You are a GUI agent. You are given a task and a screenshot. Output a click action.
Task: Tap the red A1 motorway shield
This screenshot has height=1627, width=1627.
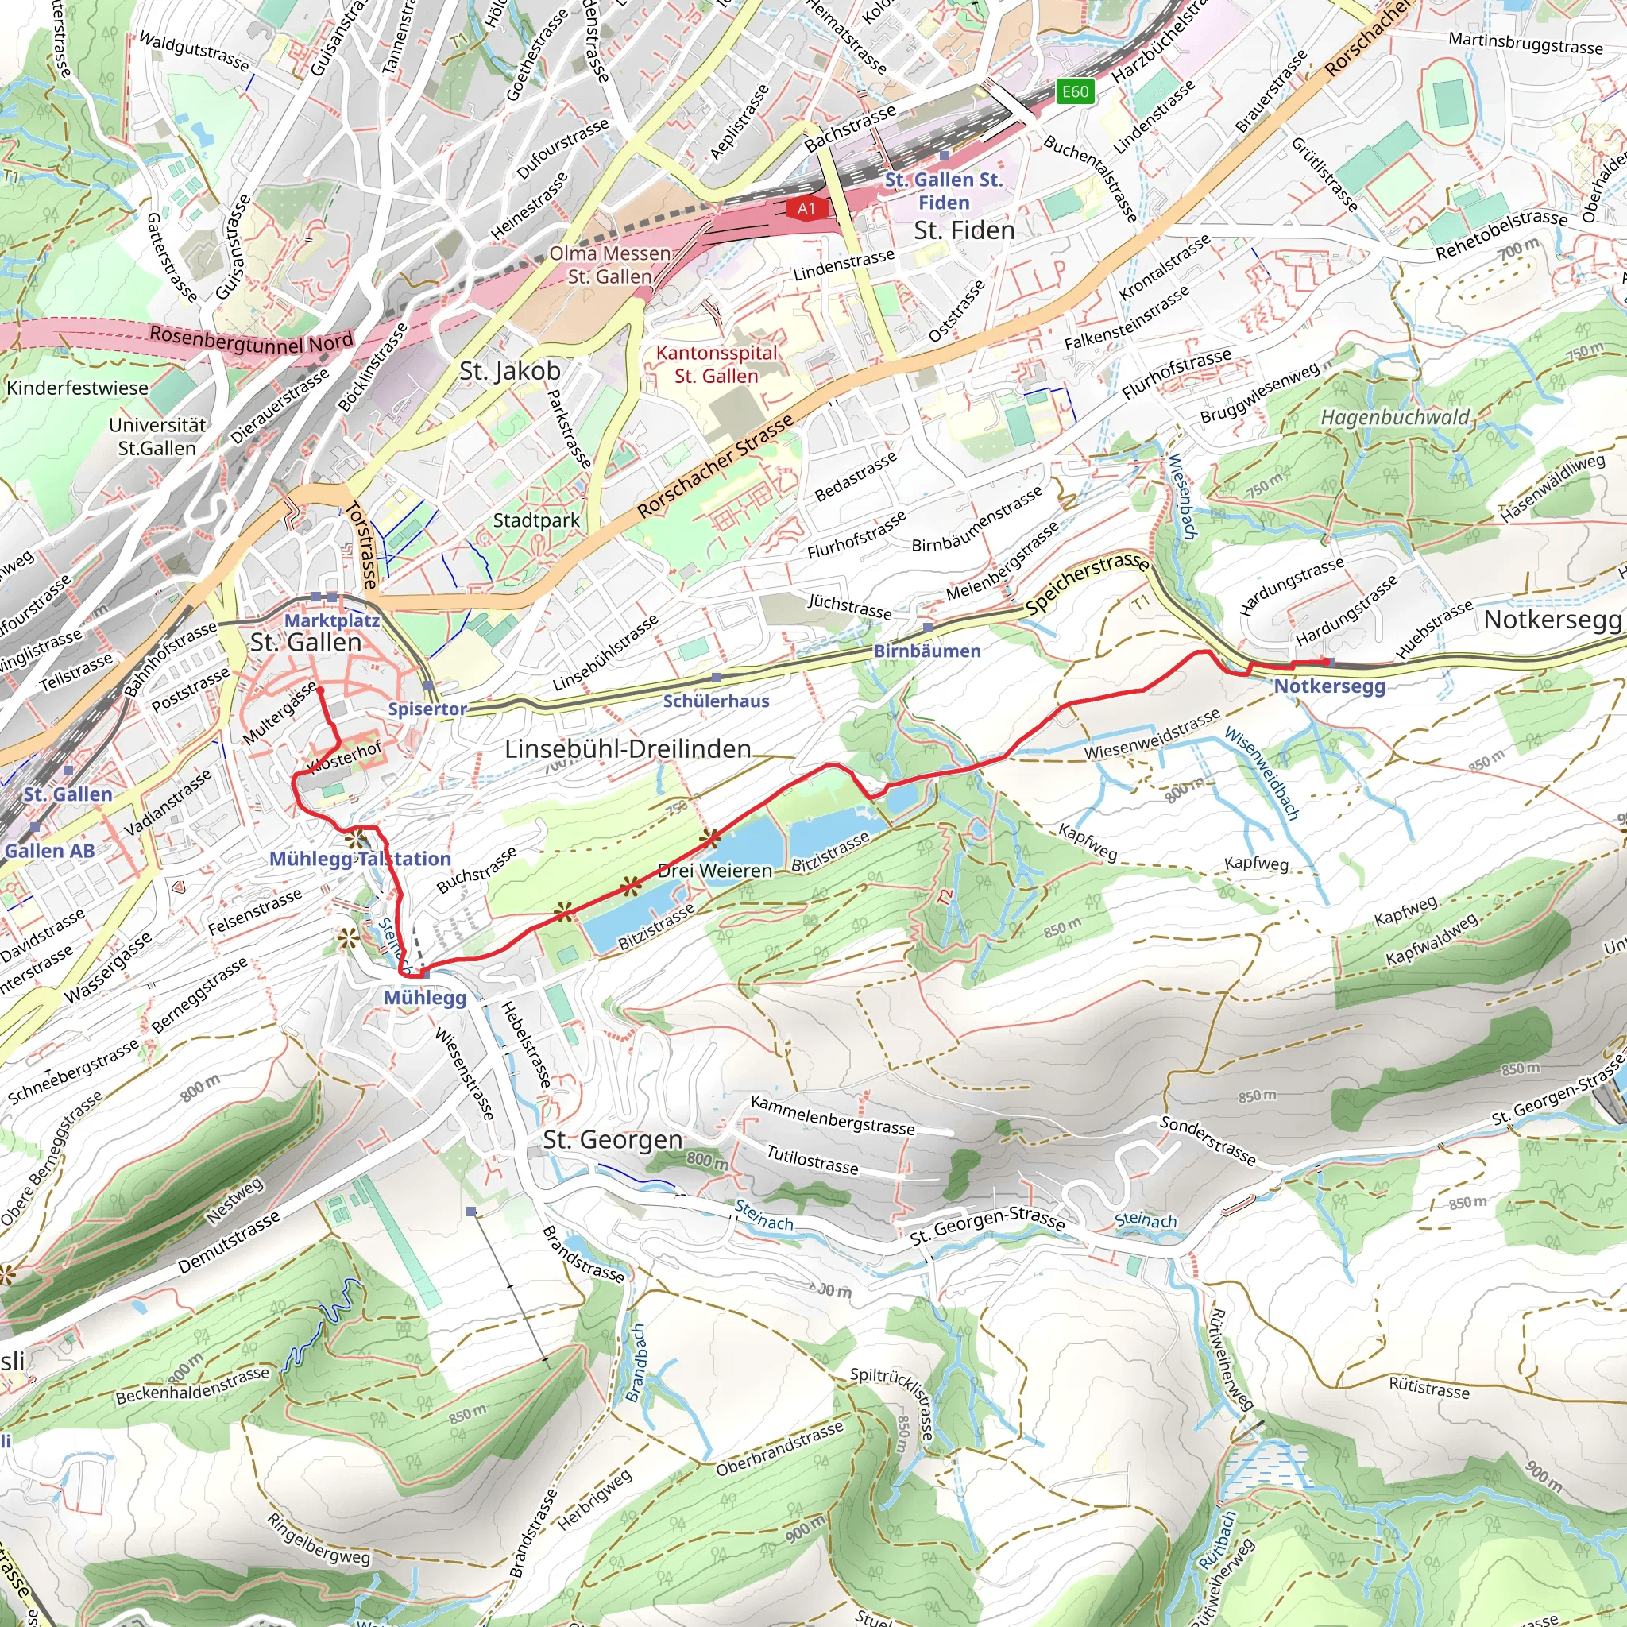(x=806, y=208)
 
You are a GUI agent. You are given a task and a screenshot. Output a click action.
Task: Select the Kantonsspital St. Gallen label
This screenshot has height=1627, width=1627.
(x=717, y=365)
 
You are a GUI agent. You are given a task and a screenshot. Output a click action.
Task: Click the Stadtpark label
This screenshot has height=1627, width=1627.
(x=536, y=520)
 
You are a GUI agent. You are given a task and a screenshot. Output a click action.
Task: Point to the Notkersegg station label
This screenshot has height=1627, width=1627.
(x=1329, y=686)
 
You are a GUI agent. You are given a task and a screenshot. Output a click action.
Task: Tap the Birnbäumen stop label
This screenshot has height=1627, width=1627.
(x=926, y=651)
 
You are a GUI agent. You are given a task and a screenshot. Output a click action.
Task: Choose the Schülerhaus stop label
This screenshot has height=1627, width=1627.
(x=716, y=701)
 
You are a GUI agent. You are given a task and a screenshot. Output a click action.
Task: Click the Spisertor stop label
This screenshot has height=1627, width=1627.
(x=427, y=709)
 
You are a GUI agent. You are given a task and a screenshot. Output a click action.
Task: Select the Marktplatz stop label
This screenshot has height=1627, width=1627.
(x=332, y=620)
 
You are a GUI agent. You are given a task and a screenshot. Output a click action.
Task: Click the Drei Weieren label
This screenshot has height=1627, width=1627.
(x=714, y=871)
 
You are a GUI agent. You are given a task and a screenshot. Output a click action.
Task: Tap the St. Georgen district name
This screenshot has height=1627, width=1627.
(x=613, y=1140)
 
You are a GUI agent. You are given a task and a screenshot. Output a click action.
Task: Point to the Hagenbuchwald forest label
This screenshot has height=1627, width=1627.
(x=1394, y=418)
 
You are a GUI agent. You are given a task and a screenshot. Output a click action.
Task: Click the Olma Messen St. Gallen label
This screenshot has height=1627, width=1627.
(x=609, y=265)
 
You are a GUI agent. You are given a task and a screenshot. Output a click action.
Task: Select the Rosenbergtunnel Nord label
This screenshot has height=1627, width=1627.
(x=251, y=339)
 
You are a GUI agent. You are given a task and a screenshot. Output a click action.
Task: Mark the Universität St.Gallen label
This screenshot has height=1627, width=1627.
(x=157, y=436)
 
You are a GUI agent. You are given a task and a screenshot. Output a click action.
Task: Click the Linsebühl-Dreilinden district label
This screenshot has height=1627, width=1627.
(x=628, y=748)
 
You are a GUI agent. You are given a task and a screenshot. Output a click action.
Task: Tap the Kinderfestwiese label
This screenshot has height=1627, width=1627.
(x=78, y=388)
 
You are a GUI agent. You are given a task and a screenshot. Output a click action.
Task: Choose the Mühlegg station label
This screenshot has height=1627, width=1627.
(x=424, y=998)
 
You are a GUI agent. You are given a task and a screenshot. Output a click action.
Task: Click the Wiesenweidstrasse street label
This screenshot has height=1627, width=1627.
(x=1152, y=734)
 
